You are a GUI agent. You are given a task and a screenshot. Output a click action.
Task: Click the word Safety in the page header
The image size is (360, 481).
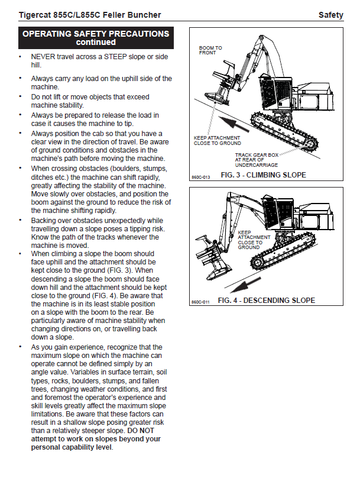point(330,15)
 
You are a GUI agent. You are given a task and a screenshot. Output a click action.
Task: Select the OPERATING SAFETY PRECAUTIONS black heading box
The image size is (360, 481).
point(96,38)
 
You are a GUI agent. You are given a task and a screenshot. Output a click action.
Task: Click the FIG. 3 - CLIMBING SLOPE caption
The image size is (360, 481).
point(263,175)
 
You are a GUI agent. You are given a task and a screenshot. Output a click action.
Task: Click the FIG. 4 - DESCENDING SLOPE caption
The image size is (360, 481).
point(266,301)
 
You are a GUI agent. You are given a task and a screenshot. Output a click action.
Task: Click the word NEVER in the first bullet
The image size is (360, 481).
point(45,56)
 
